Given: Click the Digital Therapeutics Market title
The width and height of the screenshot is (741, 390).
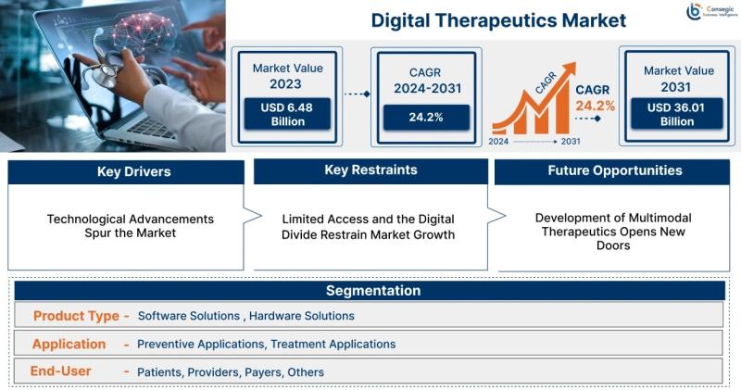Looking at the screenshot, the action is click(498, 20).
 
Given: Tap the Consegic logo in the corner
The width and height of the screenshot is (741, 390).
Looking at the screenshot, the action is click(711, 11).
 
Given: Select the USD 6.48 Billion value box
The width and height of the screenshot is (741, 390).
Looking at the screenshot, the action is click(287, 114).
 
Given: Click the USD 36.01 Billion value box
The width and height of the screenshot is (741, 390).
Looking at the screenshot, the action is click(677, 114).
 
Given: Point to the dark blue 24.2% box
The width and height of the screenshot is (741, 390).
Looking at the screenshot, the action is click(426, 118).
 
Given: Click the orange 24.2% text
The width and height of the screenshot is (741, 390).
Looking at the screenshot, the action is click(595, 106).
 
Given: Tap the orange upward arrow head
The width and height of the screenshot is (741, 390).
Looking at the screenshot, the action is click(569, 69).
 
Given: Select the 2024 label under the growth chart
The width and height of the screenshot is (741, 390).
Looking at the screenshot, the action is click(498, 142).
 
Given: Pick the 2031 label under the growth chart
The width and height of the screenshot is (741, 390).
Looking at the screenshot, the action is click(571, 142).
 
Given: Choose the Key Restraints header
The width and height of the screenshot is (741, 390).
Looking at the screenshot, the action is click(371, 170).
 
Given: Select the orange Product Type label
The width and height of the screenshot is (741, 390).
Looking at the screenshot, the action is click(76, 316).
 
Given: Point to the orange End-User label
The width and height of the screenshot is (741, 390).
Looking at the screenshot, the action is click(60, 371).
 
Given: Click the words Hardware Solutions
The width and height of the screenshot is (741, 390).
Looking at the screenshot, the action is click(302, 316).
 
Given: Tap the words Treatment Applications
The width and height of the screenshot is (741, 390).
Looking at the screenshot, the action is click(333, 345).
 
